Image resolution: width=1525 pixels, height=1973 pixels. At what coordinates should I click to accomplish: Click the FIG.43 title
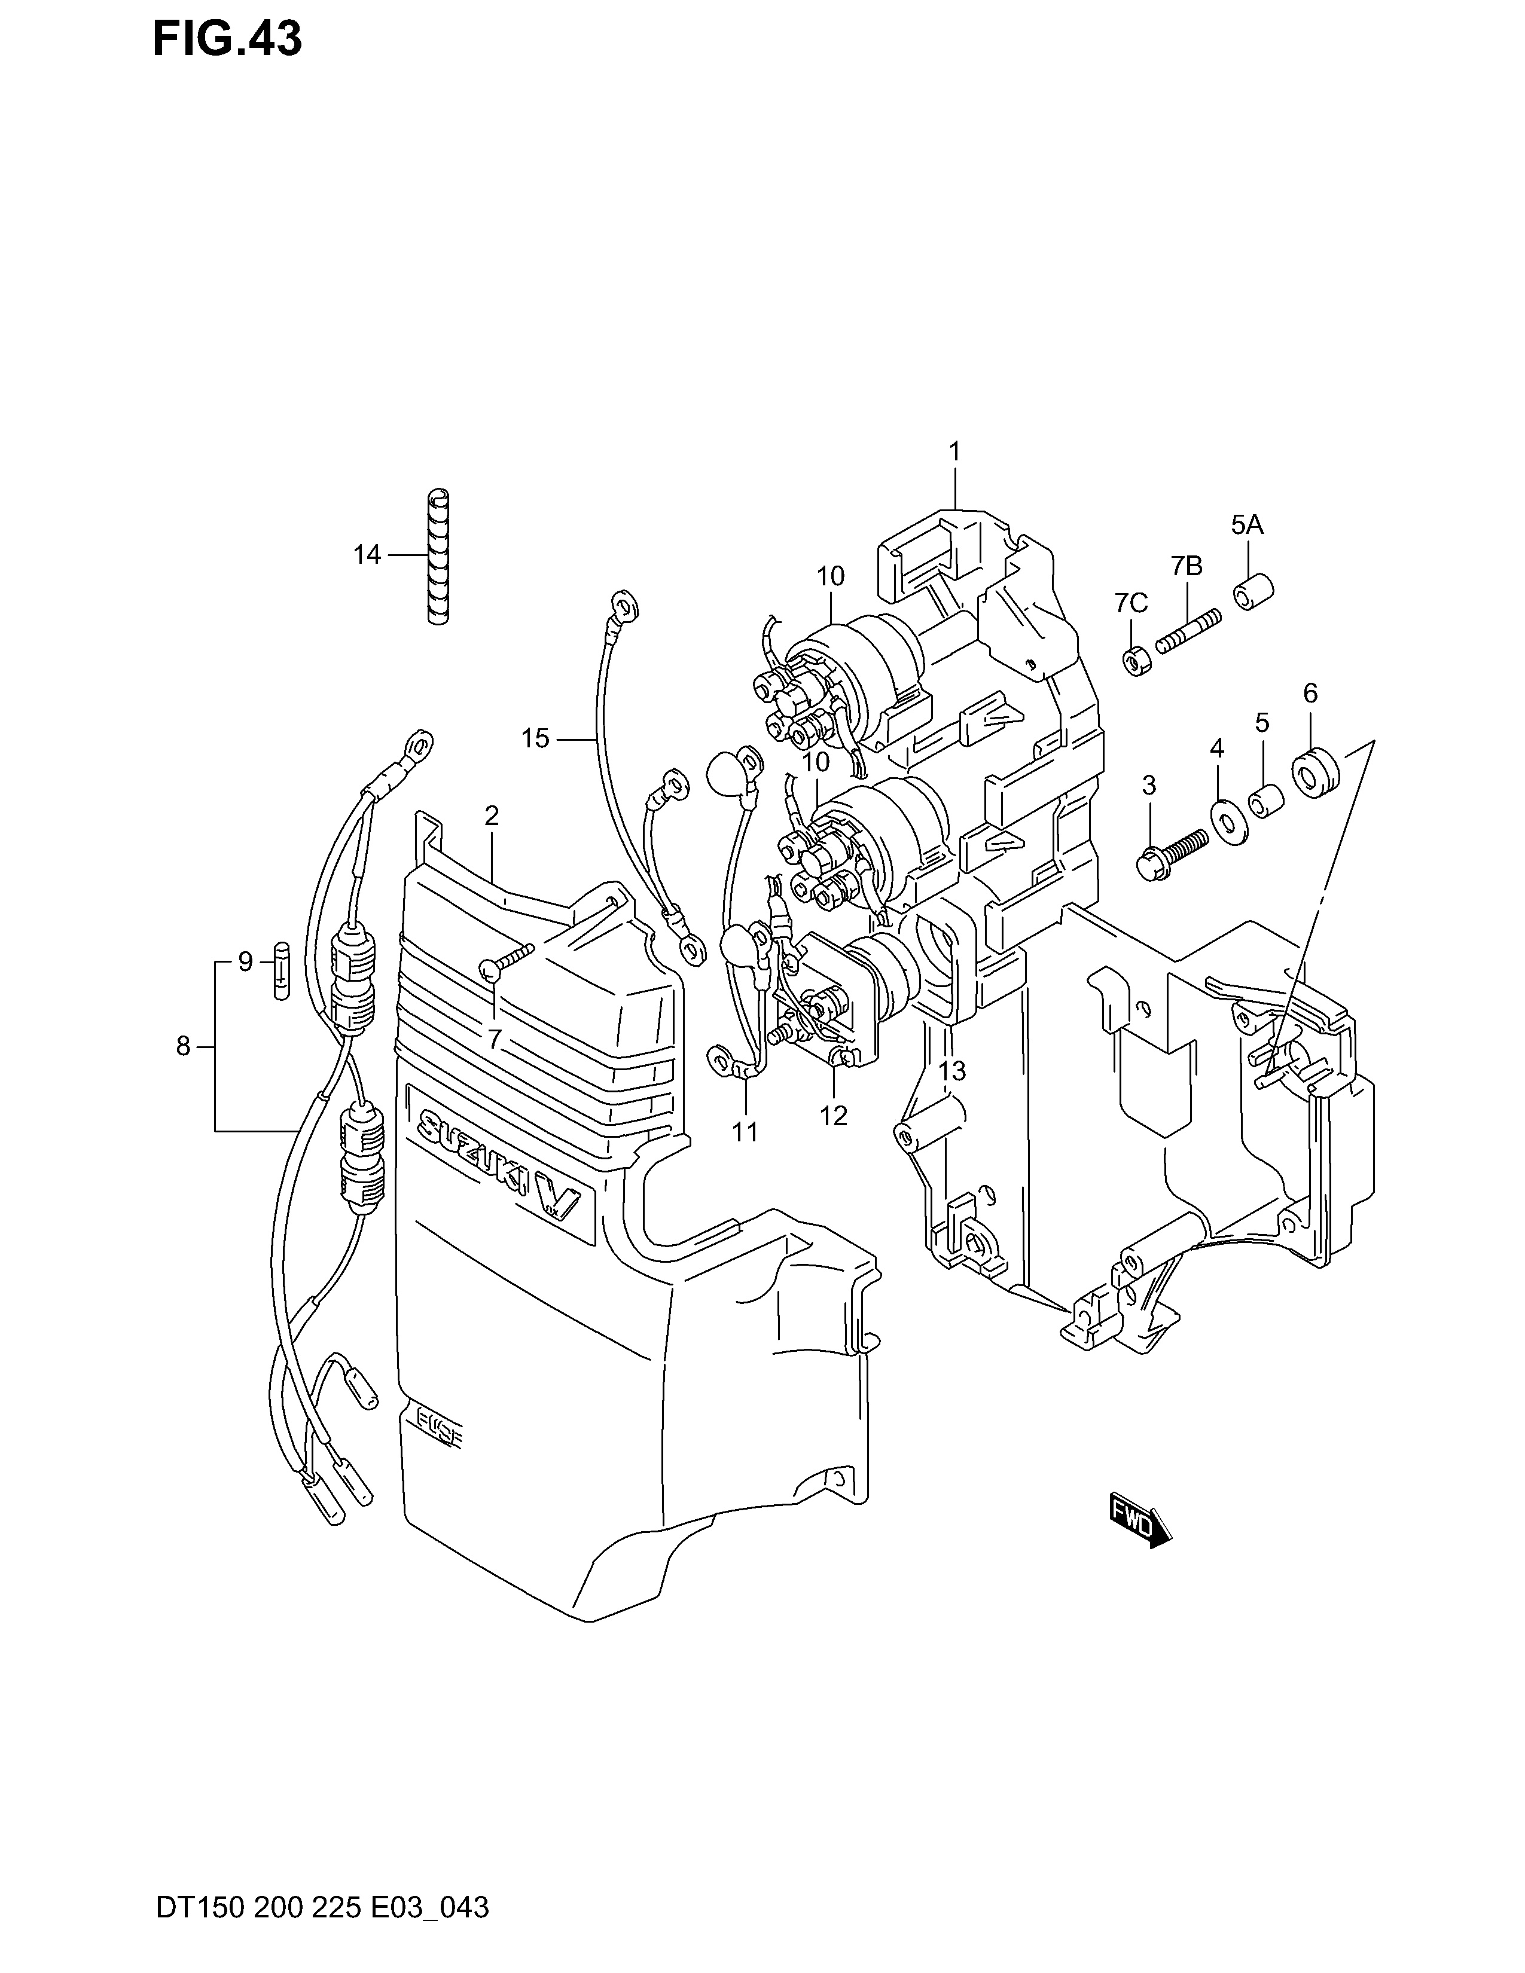[227, 39]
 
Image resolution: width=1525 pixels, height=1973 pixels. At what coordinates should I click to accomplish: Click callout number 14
[367, 555]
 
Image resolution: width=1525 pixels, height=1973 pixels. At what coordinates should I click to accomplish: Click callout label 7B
[1187, 566]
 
